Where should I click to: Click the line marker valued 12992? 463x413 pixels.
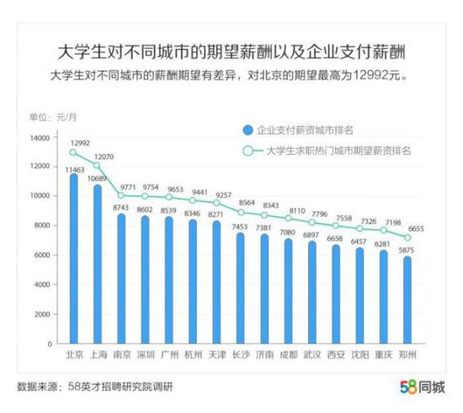click(x=73, y=152)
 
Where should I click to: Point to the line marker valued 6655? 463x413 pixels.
click(x=408, y=238)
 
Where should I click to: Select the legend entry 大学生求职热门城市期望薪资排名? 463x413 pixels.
click(x=337, y=151)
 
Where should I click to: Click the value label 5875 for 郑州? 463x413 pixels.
click(x=408, y=250)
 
